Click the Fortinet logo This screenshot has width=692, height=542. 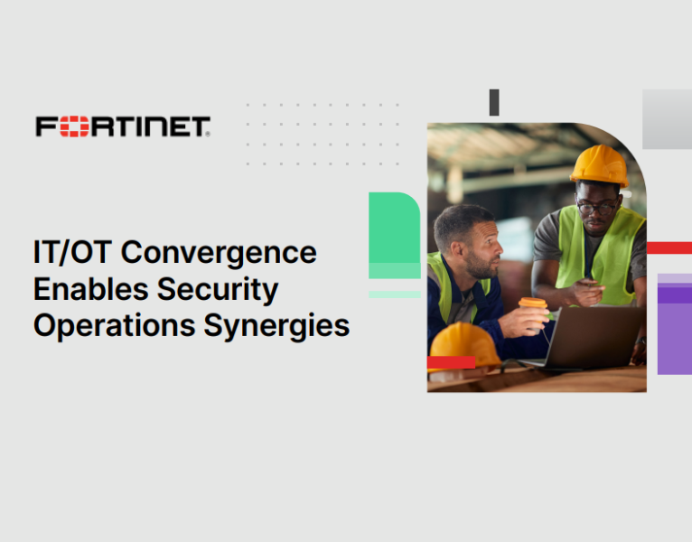123,126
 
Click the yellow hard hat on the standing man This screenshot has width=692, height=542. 599,165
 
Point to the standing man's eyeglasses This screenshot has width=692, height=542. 597,207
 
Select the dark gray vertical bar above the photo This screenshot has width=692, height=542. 494,102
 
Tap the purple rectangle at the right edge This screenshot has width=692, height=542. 675,325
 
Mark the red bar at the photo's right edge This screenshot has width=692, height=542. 669,248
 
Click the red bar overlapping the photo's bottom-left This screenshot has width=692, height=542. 451,362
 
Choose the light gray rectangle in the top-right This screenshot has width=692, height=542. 667,119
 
